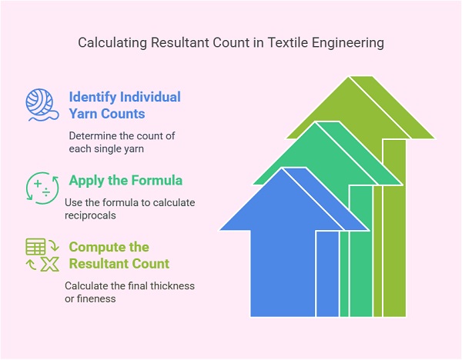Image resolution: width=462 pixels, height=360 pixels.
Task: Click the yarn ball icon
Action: (x=41, y=106)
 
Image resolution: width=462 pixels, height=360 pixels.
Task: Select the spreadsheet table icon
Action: (x=35, y=248)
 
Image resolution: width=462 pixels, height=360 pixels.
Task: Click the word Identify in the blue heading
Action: (x=93, y=98)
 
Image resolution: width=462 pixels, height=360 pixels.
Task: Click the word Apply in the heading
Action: (x=86, y=182)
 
